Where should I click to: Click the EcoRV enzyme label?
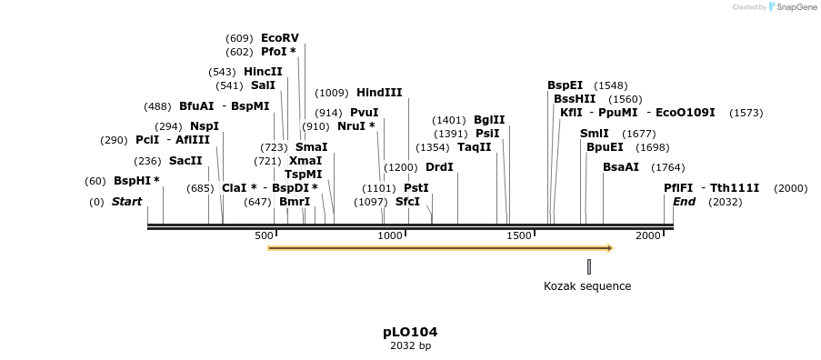[x=279, y=38]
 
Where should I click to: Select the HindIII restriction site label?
[x=379, y=93]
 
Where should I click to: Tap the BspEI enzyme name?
[x=565, y=85]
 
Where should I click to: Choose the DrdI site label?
[x=439, y=167]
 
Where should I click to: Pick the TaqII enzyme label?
[x=474, y=147]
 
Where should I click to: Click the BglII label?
[x=489, y=120]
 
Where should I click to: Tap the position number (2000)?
[x=790, y=188]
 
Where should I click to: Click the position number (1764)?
[x=668, y=167]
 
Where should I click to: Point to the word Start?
[x=126, y=202]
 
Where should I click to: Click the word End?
[x=684, y=202]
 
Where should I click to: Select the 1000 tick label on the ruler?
[x=390, y=236]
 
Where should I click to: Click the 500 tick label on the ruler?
[x=265, y=236]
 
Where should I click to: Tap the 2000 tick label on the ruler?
[x=648, y=236]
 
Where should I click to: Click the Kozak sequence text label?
[x=586, y=286]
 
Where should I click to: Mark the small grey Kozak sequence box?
[x=589, y=266]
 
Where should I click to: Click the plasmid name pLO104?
[x=410, y=332]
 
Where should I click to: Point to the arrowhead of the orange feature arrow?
[x=610, y=248]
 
